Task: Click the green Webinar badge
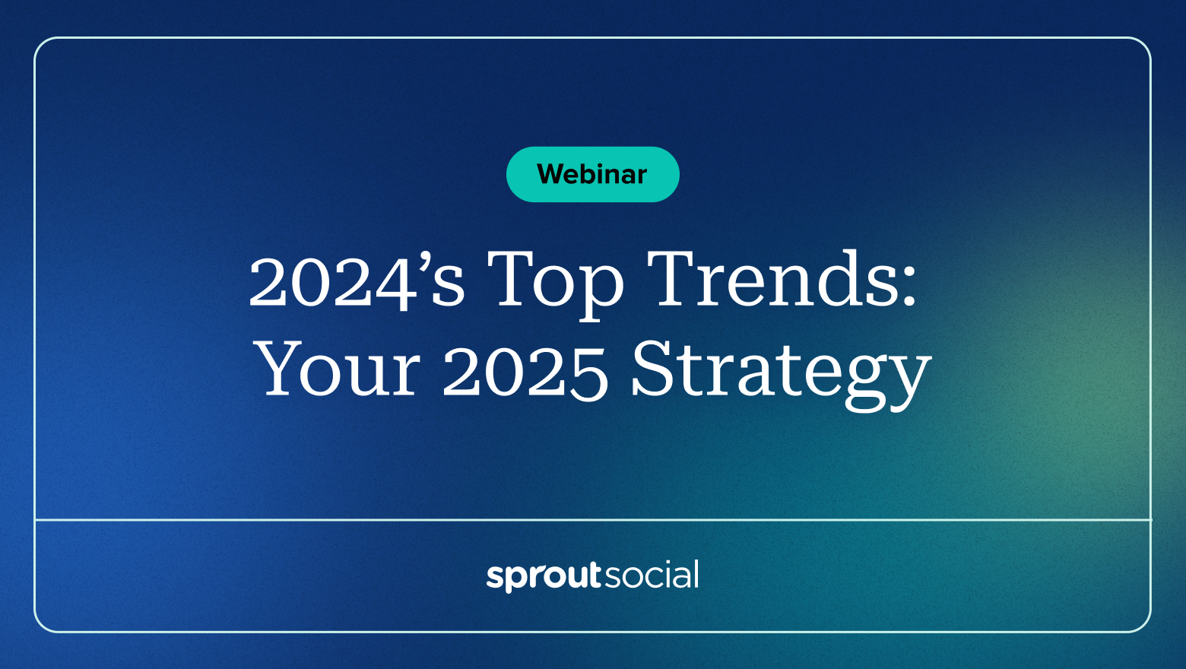(x=592, y=174)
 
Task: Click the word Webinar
(x=592, y=174)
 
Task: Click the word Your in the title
(x=338, y=369)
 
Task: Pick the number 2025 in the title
(x=525, y=371)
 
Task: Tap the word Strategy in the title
(x=781, y=375)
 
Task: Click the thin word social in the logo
(x=652, y=574)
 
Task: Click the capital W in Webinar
(x=554, y=174)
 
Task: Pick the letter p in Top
(x=601, y=293)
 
